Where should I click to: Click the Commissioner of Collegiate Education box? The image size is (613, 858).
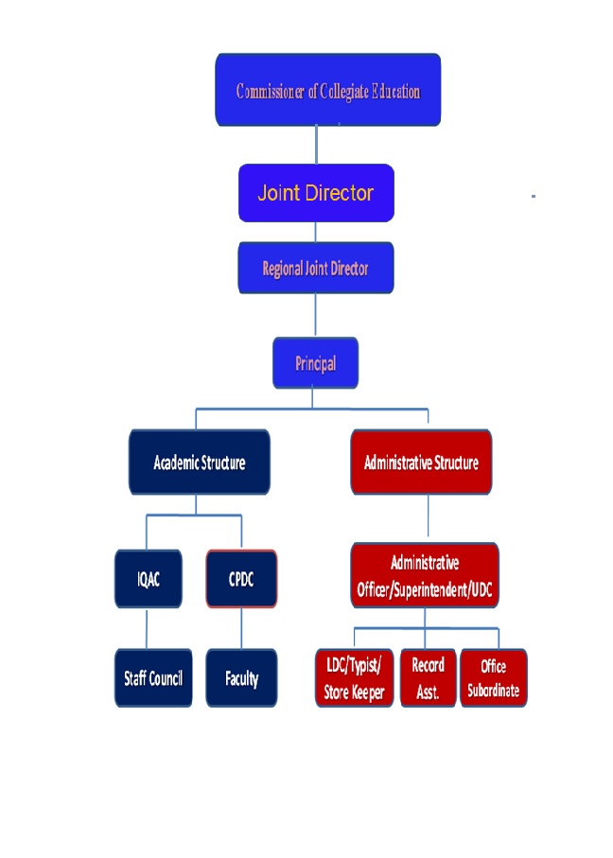click(x=327, y=90)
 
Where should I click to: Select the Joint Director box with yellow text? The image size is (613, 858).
click(x=315, y=193)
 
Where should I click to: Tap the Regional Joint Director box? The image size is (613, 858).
click(x=315, y=268)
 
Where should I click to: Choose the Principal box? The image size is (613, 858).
click(x=315, y=363)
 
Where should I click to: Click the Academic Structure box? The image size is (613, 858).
click(x=199, y=463)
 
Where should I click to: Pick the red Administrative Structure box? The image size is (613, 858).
click(x=421, y=463)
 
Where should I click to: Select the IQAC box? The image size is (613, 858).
click(x=147, y=578)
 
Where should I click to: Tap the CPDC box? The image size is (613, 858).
click(x=241, y=578)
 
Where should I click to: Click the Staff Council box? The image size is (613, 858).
click(x=153, y=677)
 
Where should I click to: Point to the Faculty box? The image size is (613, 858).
click(x=241, y=677)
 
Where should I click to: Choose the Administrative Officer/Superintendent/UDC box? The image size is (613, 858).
click(x=425, y=575)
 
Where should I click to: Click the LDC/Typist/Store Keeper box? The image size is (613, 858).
click(x=354, y=677)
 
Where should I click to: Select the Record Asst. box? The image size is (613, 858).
click(x=428, y=677)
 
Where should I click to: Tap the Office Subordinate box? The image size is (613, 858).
click(x=493, y=677)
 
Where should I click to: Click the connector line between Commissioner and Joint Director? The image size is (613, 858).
click(x=316, y=145)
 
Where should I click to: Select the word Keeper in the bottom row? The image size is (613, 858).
click(x=367, y=692)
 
